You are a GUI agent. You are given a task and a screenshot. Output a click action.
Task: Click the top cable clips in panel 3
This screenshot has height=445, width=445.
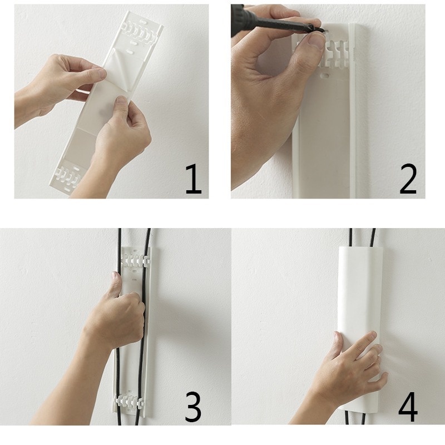tap(133, 259)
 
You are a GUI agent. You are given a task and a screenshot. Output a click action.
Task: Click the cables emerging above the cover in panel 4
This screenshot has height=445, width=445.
tap(362, 236)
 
